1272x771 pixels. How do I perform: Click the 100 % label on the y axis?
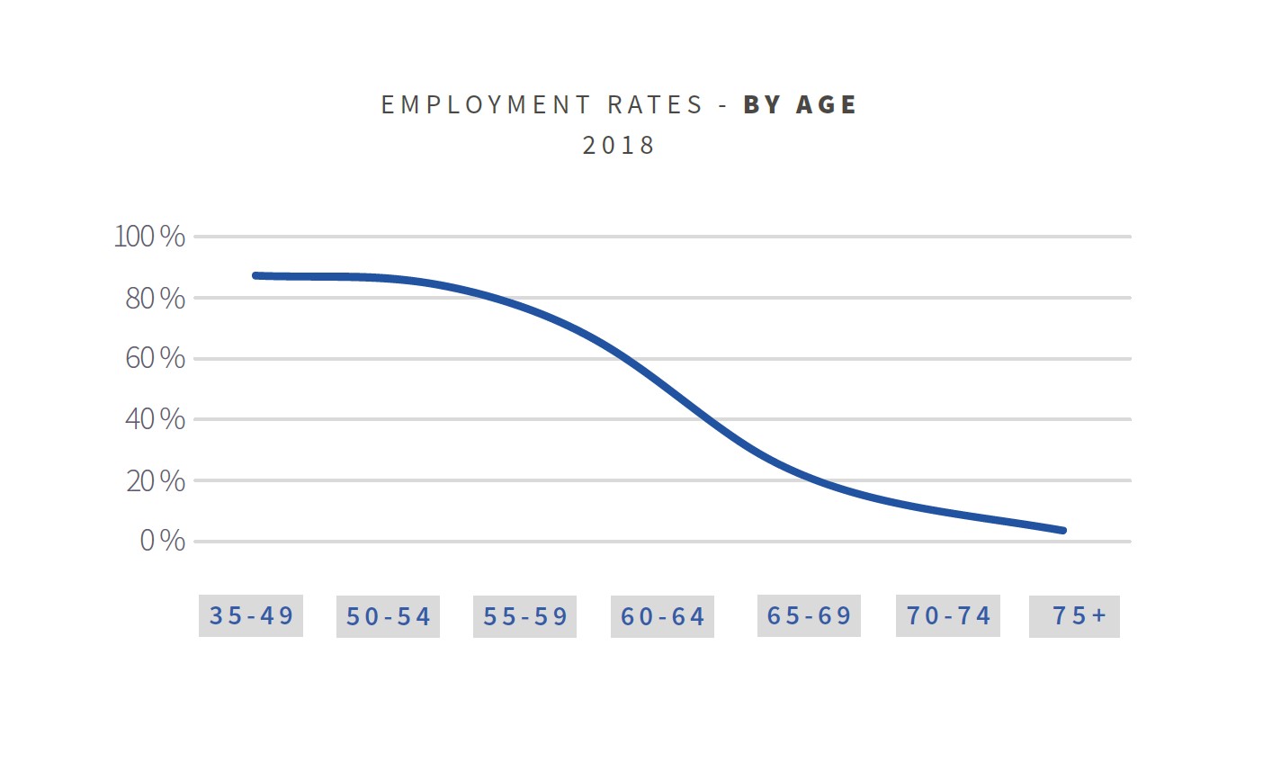click(149, 237)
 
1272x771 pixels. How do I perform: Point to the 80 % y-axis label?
click(155, 298)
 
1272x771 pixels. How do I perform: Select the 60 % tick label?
click(155, 358)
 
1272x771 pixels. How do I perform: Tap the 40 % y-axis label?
click(155, 419)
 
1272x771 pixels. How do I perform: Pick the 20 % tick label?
click(155, 480)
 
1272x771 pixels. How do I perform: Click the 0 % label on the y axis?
click(162, 541)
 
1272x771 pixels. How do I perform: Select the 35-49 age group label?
click(251, 615)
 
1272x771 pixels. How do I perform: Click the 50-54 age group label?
click(389, 616)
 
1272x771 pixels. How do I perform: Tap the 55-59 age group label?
click(525, 616)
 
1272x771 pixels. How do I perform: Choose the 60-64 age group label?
click(663, 616)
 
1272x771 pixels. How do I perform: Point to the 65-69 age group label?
click(809, 615)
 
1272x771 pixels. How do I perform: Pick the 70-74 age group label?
click(948, 615)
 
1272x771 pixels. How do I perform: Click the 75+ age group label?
click(1079, 615)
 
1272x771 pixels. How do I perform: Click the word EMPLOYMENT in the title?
click(486, 104)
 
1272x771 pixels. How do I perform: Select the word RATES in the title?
click(655, 104)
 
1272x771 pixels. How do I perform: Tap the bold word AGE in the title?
click(827, 104)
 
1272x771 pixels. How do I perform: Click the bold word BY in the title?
click(763, 104)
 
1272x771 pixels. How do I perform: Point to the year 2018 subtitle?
click(619, 145)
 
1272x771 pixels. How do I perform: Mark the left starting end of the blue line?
click(256, 275)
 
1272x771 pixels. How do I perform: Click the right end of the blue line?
click(1063, 531)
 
